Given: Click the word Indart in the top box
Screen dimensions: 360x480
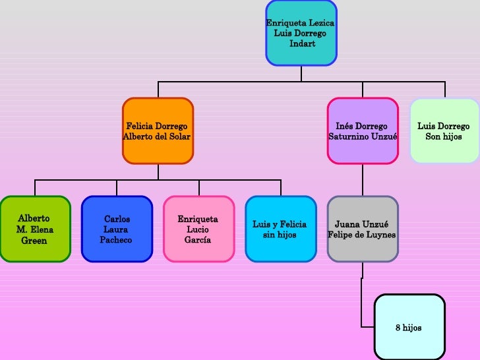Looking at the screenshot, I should [x=302, y=44].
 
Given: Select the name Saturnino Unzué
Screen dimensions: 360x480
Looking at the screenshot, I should [x=363, y=136].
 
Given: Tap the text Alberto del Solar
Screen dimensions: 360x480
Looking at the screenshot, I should [x=157, y=136].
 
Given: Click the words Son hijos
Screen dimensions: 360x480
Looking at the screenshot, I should [x=444, y=136].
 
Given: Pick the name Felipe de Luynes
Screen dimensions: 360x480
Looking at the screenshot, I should [x=362, y=235].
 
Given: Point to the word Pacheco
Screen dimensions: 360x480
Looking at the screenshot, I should [x=116, y=240].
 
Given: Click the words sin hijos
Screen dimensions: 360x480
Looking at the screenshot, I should [x=280, y=235].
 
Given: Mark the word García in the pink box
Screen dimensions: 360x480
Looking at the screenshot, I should [x=198, y=240].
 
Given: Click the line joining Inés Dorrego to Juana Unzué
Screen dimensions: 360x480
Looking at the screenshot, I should [x=362, y=179].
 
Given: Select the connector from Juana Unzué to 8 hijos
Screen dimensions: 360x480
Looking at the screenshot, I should [x=362, y=303].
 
